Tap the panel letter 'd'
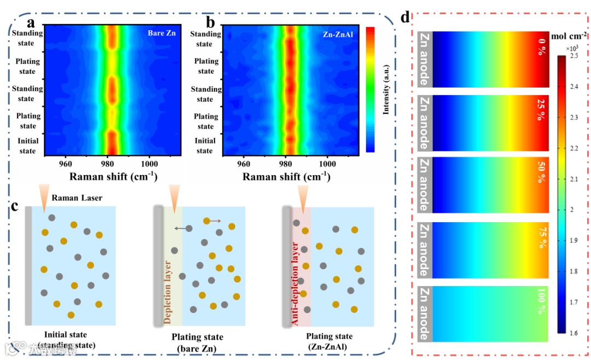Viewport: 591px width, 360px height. click(405, 17)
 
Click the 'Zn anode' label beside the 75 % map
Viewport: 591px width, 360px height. click(425, 248)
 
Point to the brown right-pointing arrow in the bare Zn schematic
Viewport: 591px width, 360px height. click(213, 221)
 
